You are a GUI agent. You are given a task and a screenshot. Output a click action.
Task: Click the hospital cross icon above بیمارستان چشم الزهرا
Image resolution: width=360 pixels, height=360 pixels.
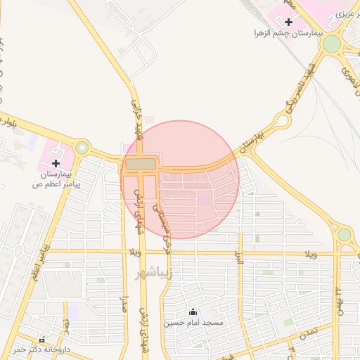tap(288, 22)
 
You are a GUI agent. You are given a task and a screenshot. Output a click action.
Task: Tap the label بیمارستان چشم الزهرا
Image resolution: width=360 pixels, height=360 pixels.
tap(288, 34)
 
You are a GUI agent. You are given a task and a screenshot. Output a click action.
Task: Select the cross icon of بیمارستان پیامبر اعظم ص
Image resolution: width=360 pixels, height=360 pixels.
tap(56, 163)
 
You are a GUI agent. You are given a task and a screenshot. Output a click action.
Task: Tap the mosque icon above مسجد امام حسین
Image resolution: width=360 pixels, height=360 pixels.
tap(193, 311)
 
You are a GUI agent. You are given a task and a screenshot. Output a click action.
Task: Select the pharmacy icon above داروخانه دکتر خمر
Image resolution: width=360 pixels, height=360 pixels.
tap(42, 340)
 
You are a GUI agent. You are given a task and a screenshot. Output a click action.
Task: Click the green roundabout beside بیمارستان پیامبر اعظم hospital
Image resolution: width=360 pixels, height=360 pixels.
tap(83, 148)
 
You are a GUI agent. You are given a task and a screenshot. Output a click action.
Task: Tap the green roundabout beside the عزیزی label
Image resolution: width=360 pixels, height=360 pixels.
tap(332, 44)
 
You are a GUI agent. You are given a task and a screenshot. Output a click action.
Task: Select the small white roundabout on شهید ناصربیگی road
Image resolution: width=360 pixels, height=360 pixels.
tap(283, 121)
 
